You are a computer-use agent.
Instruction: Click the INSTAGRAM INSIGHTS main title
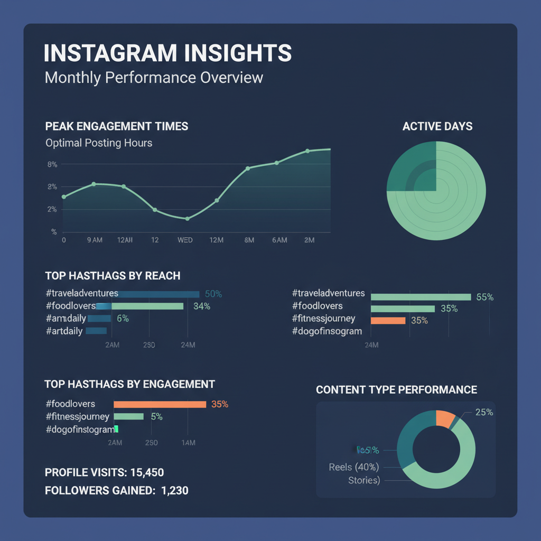(x=167, y=54)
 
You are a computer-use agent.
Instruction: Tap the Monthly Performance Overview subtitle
(x=154, y=78)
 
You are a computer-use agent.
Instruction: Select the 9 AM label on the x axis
(x=95, y=240)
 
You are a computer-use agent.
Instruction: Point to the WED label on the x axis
(x=185, y=240)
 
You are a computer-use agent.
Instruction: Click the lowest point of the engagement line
(x=187, y=219)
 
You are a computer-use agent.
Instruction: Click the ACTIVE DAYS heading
(x=437, y=127)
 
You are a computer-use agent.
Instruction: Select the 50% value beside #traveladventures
(x=213, y=294)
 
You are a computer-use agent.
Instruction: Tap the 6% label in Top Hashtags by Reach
(x=123, y=319)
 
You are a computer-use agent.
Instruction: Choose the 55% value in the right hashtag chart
(x=484, y=297)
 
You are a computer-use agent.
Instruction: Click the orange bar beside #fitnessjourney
(x=388, y=320)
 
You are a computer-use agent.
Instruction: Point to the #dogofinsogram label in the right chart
(x=327, y=331)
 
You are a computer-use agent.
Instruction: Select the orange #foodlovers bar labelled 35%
(x=160, y=404)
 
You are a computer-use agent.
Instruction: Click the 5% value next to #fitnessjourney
(x=156, y=417)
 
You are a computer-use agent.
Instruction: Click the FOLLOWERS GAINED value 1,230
(x=174, y=490)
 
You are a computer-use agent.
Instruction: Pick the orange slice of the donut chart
(x=444, y=418)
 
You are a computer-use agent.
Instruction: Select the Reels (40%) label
(x=354, y=467)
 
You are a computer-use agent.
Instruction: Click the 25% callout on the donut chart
(x=484, y=412)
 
